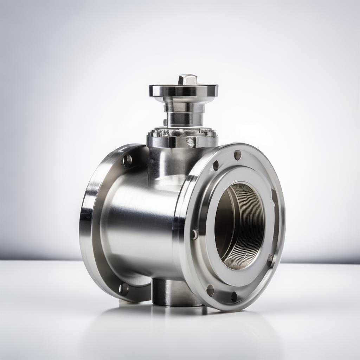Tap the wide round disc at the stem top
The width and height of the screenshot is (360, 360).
183,90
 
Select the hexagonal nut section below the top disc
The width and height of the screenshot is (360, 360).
184,105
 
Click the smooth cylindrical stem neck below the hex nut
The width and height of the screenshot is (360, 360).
184,120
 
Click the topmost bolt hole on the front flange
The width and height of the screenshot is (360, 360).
238,155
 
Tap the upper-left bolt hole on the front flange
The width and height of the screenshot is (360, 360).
216,166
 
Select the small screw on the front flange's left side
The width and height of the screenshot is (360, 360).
194,234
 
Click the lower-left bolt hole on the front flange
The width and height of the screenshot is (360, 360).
210,290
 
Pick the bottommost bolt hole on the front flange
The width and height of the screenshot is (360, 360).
234,297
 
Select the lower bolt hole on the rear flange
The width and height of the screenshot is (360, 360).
124,289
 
